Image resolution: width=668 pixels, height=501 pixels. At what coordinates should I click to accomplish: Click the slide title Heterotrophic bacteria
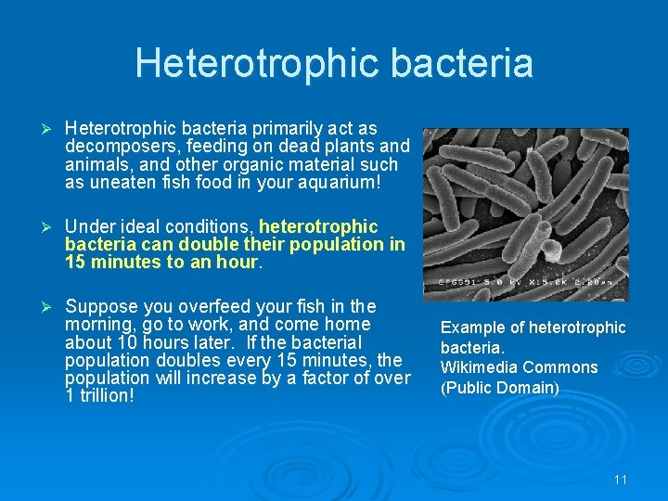click(334, 63)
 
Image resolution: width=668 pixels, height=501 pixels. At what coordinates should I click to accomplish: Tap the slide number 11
click(621, 480)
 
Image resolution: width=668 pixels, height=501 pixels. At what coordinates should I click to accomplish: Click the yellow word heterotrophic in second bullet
click(318, 226)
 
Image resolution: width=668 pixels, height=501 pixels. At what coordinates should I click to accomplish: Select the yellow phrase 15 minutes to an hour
click(163, 263)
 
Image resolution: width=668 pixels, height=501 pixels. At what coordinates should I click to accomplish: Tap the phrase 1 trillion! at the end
click(99, 395)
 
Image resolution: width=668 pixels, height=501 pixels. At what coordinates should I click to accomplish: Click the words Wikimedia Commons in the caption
click(519, 367)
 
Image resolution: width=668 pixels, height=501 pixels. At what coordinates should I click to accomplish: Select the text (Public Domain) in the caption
click(500, 388)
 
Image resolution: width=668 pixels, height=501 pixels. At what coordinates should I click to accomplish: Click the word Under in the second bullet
click(89, 226)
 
